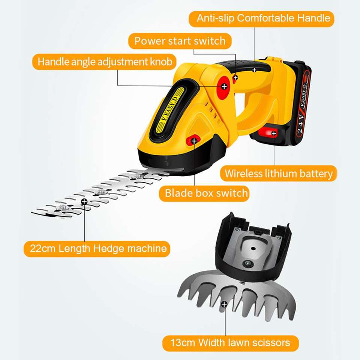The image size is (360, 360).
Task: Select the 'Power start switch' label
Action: point(180,40)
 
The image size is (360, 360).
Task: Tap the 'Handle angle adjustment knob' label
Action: point(105,61)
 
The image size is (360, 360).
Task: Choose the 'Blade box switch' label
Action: point(206,193)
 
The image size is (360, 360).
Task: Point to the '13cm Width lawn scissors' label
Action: point(230,342)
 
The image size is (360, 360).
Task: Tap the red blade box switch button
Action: point(193,141)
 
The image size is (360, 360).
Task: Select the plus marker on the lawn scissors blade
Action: point(224,304)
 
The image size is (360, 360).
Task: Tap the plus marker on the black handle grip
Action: point(254,69)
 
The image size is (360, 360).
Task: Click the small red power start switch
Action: point(235,78)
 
